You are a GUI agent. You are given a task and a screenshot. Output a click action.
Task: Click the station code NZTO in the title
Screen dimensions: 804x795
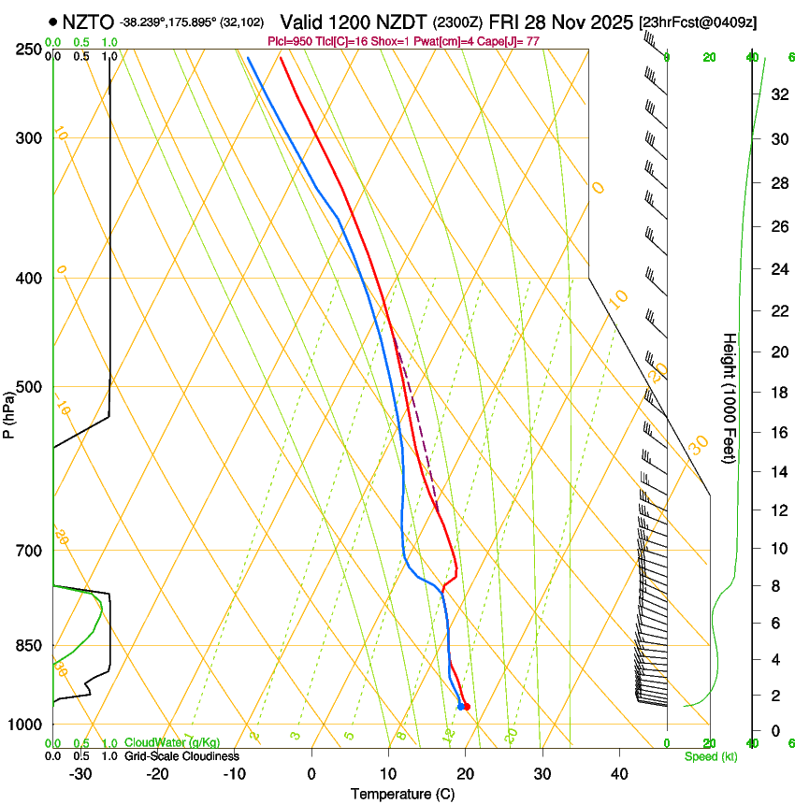(x=88, y=22)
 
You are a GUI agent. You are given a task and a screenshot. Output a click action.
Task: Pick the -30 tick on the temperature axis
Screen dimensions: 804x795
(x=80, y=773)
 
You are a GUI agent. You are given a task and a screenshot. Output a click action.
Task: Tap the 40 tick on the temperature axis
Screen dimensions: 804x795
(x=619, y=773)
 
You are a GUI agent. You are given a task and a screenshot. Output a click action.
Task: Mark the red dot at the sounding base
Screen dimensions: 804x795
(x=467, y=706)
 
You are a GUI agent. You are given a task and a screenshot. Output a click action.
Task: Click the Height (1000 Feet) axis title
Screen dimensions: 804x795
(x=730, y=397)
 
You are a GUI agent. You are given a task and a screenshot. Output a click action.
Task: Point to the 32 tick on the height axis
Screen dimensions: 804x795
(x=776, y=93)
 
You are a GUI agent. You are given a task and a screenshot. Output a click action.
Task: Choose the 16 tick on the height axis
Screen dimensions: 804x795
(x=776, y=432)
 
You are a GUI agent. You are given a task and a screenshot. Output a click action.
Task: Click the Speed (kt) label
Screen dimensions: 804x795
(x=710, y=756)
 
